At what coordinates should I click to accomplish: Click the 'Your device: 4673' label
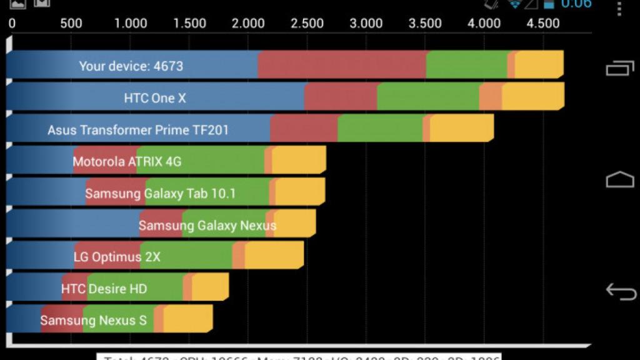(x=131, y=66)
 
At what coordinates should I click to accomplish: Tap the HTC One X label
(x=154, y=98)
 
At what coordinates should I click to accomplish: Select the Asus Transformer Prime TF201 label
(x=137, y=130)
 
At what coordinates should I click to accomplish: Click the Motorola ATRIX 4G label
(x=127, y=162)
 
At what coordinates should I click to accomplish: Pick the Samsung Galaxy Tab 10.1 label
(x=160, y=194)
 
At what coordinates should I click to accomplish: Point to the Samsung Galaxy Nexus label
(x=207, y=226)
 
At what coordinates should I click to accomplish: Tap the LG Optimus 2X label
(x=117, y=257)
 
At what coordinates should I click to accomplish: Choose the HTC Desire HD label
(x=104, y=289)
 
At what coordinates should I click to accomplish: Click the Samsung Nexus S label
(x=93, y=321)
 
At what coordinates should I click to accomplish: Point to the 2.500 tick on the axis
(x=307, y=24)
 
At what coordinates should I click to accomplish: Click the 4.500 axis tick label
(x=542, y=24)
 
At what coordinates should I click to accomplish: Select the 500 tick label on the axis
(x=71, y=24)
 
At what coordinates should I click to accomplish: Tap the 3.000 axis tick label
(x=366, y=24)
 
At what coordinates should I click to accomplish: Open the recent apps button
(x=619, y=68)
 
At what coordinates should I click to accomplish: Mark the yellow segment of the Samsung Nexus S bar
(x=187, y=319)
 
